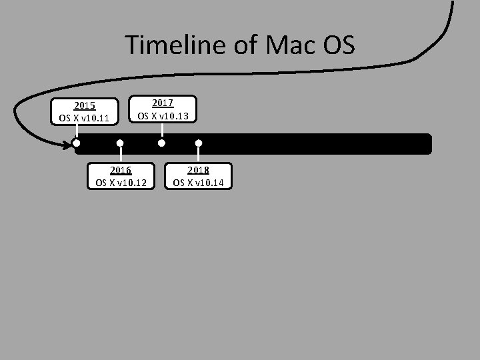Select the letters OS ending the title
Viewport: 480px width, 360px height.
click(339, 45)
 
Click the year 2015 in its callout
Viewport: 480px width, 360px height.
click(85, 105)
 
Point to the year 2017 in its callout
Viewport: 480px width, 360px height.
click(163, 103)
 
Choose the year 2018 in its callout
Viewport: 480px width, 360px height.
click(199, 170)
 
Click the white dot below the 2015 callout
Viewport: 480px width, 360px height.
click(77, 143)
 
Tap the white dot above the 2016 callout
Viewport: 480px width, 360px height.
click(120, 143)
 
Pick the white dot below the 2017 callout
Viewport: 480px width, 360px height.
click(161, 143)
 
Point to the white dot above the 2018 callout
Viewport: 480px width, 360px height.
click(199, 143)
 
